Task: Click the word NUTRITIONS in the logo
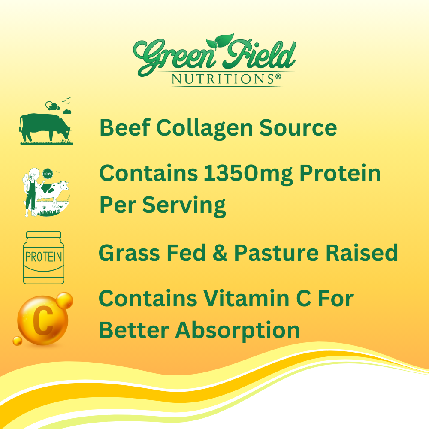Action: click(x=218, y=79)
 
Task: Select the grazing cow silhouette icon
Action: click(x=45, y=127)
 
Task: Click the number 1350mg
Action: click(x=250, y=173)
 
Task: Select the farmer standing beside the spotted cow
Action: click(x=31, y=191)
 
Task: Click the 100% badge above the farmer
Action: click(x=47, y=174)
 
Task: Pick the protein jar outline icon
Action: click(x=43, y=257)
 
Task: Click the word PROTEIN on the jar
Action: click(x=43, y=258)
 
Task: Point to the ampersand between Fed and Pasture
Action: click(x=220, y=253)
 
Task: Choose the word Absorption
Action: click(x=238, y=330)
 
